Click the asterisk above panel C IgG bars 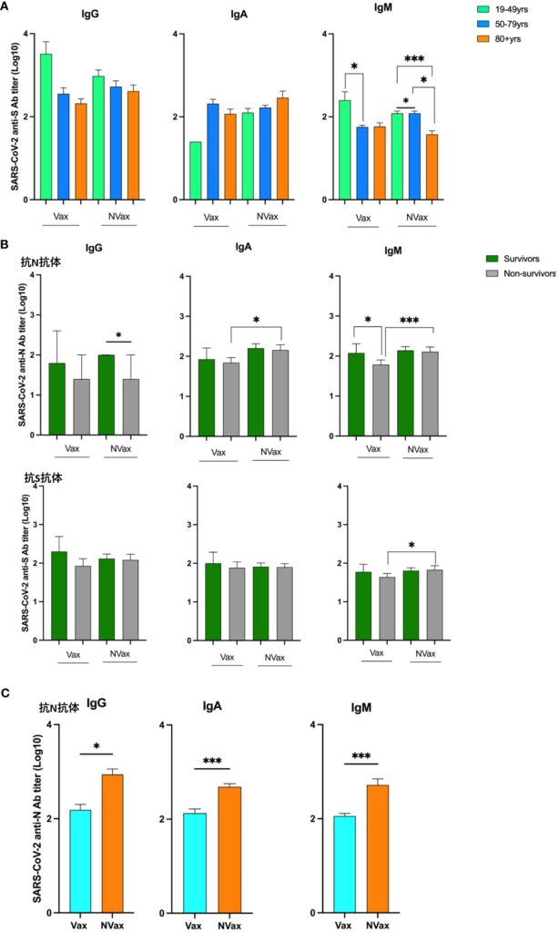coord(96,746)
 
